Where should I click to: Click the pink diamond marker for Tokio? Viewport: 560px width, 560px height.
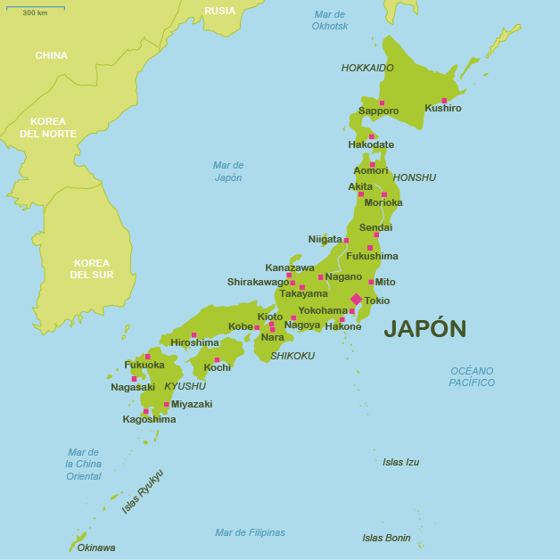[356, 300]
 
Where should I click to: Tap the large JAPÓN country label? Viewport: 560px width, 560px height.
[424, 329]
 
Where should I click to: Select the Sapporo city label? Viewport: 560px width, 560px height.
[378, 111]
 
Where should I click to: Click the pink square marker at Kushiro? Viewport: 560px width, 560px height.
[444, 101]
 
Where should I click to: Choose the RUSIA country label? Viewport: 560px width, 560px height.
[219, 12]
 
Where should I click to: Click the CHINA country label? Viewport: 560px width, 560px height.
[51, 56]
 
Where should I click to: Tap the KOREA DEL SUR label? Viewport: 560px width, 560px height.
[92, 269]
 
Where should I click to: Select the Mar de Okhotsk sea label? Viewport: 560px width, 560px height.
[329, 21]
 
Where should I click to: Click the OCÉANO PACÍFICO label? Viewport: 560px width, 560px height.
[472, 376]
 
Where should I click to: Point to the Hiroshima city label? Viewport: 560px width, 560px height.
[194, 343]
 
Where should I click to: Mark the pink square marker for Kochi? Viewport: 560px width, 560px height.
[217, 360]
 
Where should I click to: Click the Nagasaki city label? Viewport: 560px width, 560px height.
[133, 388]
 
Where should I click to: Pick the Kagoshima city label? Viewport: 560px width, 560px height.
[149, 420]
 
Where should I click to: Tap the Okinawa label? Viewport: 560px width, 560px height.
[95, 548]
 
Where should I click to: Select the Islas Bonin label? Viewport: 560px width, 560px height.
[386, 539]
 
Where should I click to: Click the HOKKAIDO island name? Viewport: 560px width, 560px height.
[367, 68]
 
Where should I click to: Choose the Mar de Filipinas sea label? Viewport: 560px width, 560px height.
[250, 533]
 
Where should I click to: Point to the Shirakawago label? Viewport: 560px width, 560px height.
[258, 283]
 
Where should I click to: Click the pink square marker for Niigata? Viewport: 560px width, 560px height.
[346, 241]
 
